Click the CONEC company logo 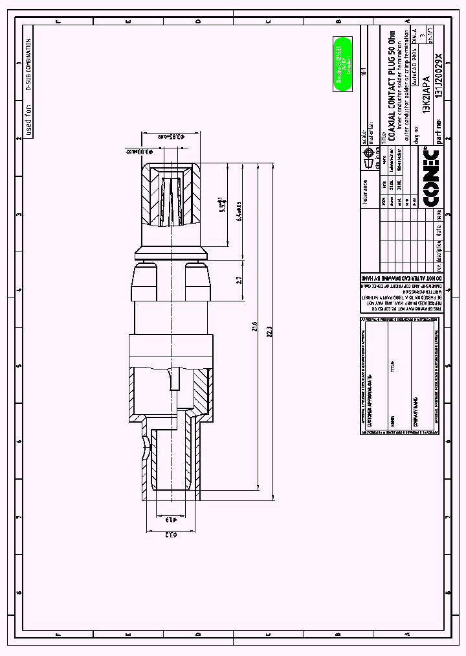[x=432, y=177]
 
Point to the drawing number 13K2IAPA [x=426, y=93]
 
